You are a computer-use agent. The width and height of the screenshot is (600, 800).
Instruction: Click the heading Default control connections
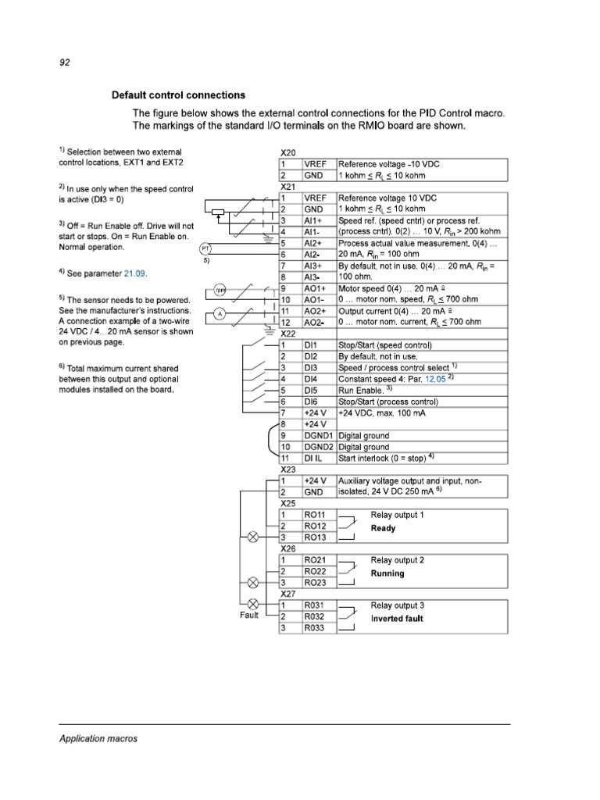coord(178,95)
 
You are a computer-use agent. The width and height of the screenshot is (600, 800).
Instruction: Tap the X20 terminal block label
coord(287,153)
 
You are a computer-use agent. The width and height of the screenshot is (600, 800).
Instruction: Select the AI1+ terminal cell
coord(313,221)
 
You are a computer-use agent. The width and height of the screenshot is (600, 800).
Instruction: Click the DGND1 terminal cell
coord(319,435)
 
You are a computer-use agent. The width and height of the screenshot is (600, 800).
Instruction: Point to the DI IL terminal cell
coord(313,458)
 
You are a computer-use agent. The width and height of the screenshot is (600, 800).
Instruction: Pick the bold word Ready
coord(383,528)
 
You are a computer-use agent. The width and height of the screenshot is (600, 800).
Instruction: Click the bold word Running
coord(387,573)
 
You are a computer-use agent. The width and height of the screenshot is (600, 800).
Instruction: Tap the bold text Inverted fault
coord(397,618)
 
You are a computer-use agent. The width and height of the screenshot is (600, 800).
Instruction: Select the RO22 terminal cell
coord(316,572)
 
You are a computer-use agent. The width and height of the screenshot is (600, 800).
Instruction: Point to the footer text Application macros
coord(98,737)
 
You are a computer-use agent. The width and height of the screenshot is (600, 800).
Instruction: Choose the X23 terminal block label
coord(287,470)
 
